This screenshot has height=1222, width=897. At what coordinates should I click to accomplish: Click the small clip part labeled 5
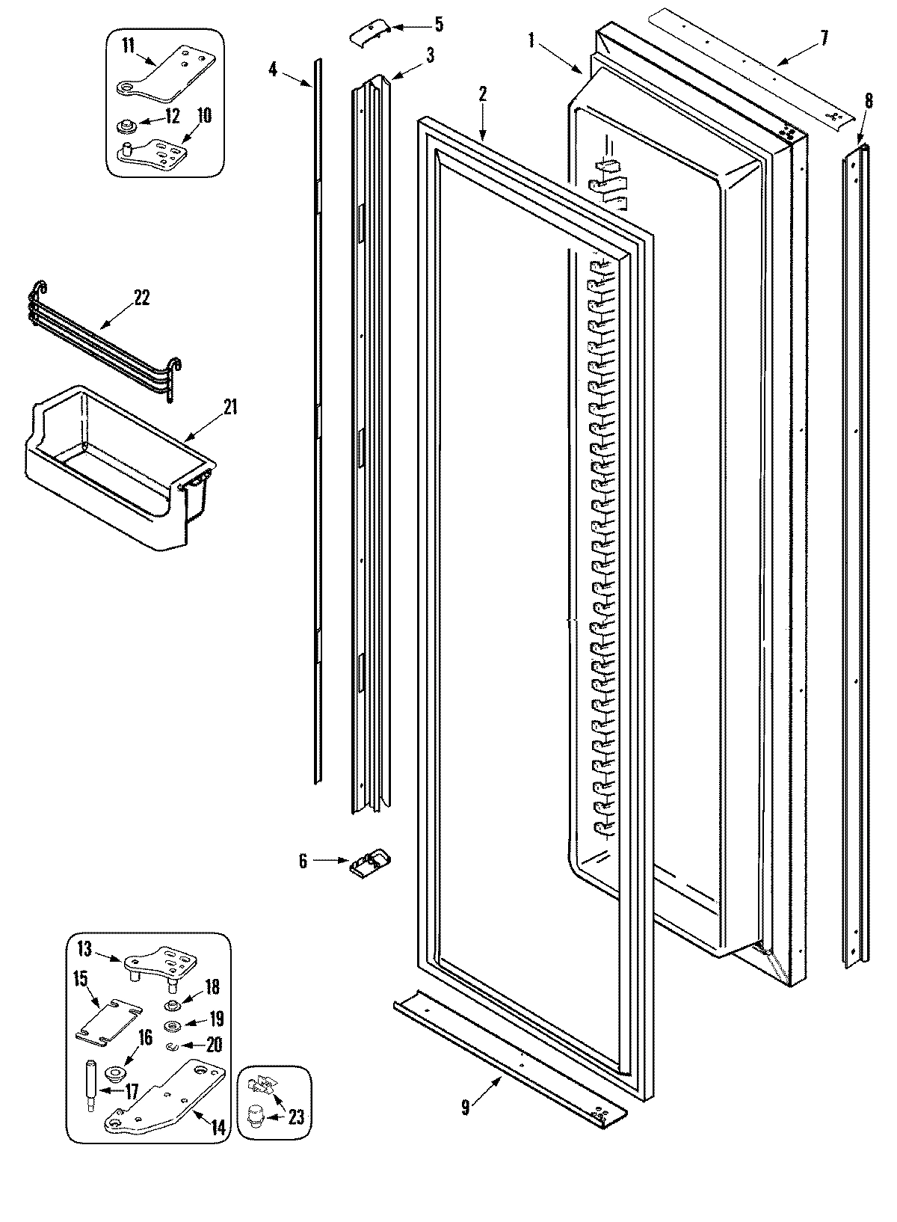[x=369, y=32]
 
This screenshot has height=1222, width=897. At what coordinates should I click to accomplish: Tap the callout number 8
[x=868, y=100]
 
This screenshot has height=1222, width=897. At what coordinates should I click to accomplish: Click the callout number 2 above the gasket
[x=483, y=94]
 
